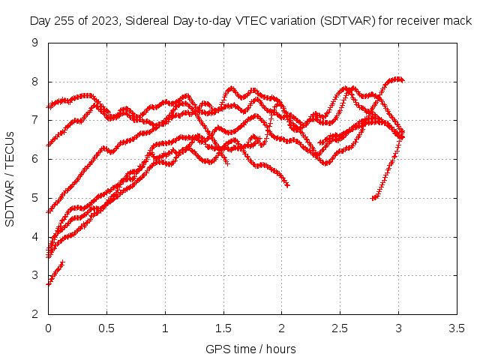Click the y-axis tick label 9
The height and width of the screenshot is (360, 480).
coord(35,43)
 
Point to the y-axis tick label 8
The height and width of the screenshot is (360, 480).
coord(35,82)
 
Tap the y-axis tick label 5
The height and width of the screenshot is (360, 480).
coord(35,198)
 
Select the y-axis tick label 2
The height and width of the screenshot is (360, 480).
coord(35,314)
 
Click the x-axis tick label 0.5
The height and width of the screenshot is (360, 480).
coord(106,328)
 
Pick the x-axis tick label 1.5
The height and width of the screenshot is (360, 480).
coord(223,328)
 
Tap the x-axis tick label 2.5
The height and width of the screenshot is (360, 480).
coord(340,328)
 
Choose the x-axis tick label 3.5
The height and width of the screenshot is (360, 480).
coord(457,328)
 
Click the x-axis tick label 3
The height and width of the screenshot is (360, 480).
coord(398,328)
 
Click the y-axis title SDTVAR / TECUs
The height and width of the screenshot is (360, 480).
coord(10,179)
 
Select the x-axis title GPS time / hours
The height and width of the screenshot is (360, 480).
coord(250,349)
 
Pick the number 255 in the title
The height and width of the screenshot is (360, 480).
coord(64,21)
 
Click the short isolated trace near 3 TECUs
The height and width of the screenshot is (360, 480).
coord(55,273)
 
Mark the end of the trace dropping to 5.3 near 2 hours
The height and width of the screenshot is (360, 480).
coord(287,185)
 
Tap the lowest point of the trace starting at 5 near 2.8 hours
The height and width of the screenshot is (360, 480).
coord(373,198)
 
